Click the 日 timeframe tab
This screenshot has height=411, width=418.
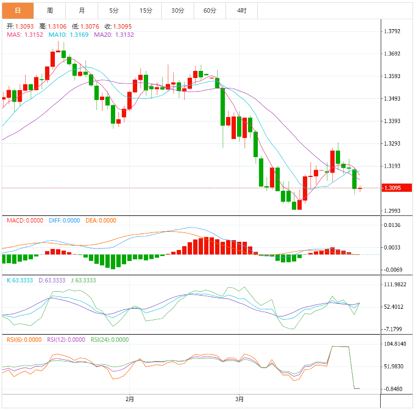(18, 10)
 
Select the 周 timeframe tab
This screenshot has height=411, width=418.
(50, 10)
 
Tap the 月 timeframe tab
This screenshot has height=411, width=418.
(82, 10)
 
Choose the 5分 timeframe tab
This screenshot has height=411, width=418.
(114, 10)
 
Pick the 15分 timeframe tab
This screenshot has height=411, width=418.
(146, 10)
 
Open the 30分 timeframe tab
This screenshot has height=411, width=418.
(178, 10)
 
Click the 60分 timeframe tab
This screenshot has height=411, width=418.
(210, 10)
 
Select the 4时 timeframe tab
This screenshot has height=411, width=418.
(241, 10)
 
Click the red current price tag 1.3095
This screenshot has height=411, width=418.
(398, 188)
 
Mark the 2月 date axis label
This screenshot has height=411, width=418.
(130, 399)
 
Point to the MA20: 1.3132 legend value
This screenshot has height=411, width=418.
(114, 35)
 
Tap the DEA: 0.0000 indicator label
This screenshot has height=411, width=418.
(101, 220)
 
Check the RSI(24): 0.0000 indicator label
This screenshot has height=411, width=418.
(110, 340)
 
